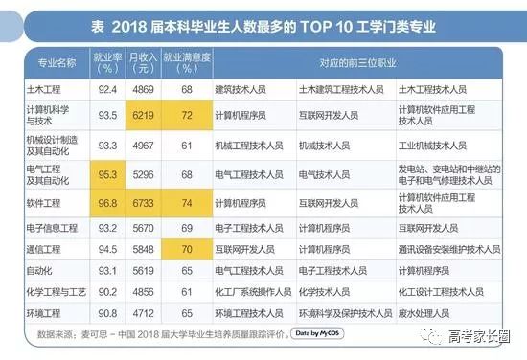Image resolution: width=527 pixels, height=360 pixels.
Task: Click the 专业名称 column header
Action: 57,63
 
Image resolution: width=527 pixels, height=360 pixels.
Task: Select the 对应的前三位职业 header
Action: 357,63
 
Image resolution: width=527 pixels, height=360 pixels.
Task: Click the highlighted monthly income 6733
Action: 143,203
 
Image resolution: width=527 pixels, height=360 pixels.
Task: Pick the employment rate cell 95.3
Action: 107,174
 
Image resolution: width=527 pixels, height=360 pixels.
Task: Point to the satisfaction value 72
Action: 187,115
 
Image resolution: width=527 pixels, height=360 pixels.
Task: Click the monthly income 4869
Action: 143,89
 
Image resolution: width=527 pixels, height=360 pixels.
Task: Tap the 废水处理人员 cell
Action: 424,313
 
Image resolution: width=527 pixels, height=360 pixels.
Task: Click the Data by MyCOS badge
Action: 317,333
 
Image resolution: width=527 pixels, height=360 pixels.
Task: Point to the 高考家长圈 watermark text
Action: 479,336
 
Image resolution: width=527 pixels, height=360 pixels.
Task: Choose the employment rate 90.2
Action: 107,292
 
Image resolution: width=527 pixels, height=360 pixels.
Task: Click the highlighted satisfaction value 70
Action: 187,249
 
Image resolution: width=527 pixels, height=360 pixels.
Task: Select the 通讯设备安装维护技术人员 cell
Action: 449,249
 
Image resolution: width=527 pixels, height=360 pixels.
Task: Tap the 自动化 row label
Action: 39,271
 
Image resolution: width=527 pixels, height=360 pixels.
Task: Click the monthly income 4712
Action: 143,313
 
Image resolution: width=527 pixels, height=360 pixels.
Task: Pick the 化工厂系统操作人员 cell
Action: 253,292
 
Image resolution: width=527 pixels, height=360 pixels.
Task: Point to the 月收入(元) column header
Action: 143,63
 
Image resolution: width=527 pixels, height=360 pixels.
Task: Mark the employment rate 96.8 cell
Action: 107,203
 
